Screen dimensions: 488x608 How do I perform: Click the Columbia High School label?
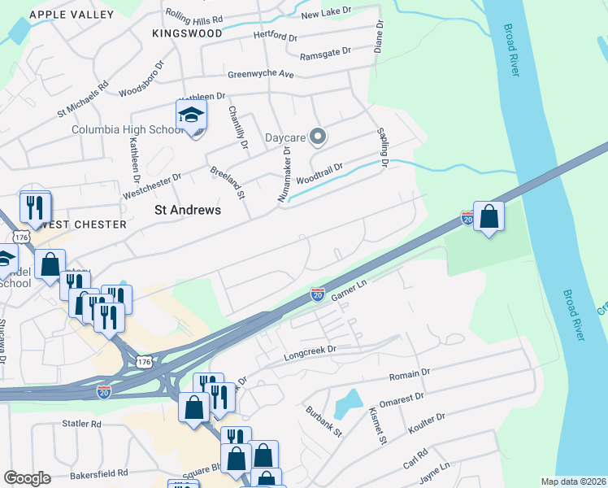pos(128,129)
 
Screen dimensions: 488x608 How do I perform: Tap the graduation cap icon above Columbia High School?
pos(191,115)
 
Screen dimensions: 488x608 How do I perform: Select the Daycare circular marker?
pos(318,137)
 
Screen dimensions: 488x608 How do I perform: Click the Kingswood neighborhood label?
pos(187,33)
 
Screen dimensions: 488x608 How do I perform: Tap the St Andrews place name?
pos(188,210)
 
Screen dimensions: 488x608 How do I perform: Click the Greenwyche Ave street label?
pos(260,74)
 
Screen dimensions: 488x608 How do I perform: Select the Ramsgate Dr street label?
pos(324,51)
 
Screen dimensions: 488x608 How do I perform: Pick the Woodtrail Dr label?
pos(320,172)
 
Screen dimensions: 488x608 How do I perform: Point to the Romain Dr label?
pos(410,373)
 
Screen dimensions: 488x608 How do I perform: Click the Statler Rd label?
pos(82,424)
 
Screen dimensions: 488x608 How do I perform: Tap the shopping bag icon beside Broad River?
pos(489,216)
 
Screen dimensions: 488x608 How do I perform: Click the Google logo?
pos(27,478)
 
